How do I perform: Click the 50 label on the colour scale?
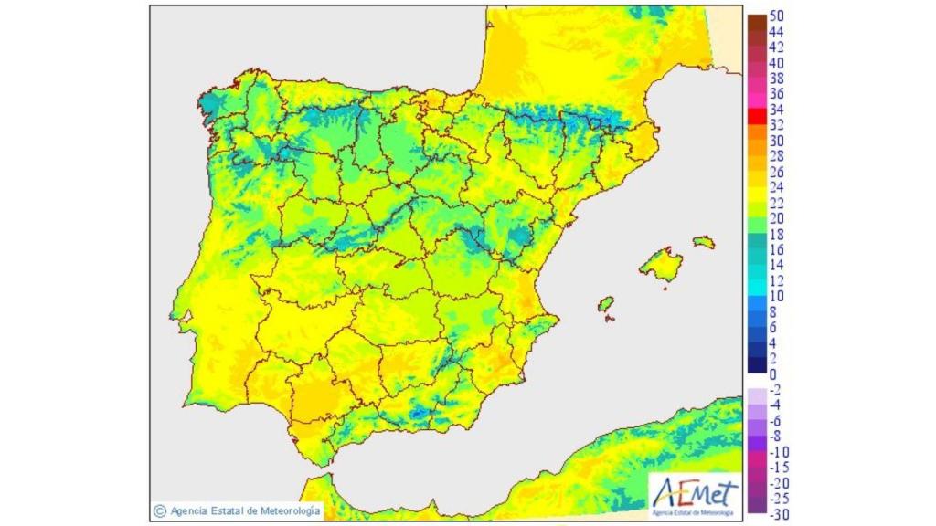[x=777, y=16]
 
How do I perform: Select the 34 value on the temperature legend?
[x=777, y=110]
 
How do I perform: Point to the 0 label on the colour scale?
[x=773, y=373]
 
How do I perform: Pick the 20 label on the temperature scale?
[x=777, y=218]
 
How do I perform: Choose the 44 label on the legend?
[x=777, y=32]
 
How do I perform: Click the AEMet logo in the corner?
[x=693, y=497]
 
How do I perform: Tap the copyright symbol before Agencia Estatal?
[x=160, y=510]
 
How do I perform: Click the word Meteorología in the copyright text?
[x=289, y=510]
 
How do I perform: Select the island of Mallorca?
[x=662, y=265]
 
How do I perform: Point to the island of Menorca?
[x=703, y=242]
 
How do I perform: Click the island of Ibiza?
[x=604, y=303]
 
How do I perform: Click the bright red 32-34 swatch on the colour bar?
[x=757, y=117]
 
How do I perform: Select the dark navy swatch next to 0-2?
[x=757, y=365]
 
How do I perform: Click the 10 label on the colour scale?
[x=777, y=296]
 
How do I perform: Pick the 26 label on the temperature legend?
[x=777, y=172]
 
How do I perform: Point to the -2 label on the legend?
[x=777, y=389]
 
